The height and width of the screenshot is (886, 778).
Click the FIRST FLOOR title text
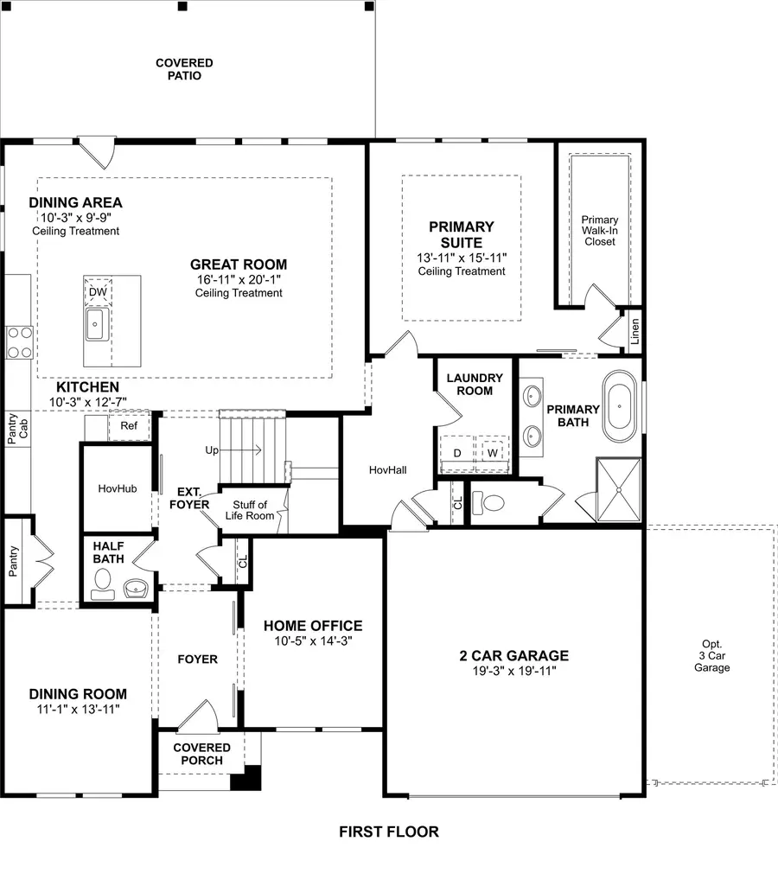pyautogui.click(x=388, y=832)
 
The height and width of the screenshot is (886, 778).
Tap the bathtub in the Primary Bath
pyautogui.click(x=621, y=404)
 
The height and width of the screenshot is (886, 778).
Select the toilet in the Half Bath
pyautogui.click(x=102, y=588)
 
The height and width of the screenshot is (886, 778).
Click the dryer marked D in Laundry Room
pyautogui.click(x=456, y=452)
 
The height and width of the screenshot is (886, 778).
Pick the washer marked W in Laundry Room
pyautogui.click(x=492, y=452)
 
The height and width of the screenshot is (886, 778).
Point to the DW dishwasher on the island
pyautogui.click(x=98, y=292)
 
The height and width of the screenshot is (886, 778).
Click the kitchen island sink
pyautogui.click(x=95, y=324)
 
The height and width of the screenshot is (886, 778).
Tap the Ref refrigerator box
pyautogui.click(x=129, y=425)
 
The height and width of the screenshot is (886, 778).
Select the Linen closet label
pyautogui.click(x=635, y=330)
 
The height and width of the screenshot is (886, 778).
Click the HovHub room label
pyautogui.click(x=118, y=488)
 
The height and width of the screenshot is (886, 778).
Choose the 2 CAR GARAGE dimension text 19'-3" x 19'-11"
pyautogui.click(x=513, y=672)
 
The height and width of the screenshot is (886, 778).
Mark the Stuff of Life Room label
pyautogui.click(x=251, y=510)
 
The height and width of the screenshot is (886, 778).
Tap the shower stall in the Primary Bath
pyautogui.click(x=619, y=490)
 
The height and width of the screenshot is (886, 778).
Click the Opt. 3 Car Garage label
pyautogui.click(x=712, y=656)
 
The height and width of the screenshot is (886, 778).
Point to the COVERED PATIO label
pyautogui.click(x=184, y=69)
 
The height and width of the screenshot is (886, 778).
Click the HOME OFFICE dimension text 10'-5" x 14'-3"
pyautogui.click(x=312, y=641)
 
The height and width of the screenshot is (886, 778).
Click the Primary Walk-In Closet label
pyautogui.click(x=599, y=231)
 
